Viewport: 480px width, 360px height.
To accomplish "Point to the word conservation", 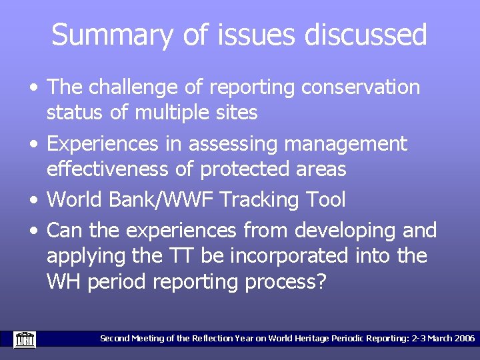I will (x=361, y=87).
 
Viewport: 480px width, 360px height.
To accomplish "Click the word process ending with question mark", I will (x=286, y=282).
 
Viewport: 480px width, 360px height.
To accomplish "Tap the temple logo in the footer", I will (x=25, y=339).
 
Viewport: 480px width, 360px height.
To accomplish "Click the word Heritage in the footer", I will (x=305, y=339).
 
